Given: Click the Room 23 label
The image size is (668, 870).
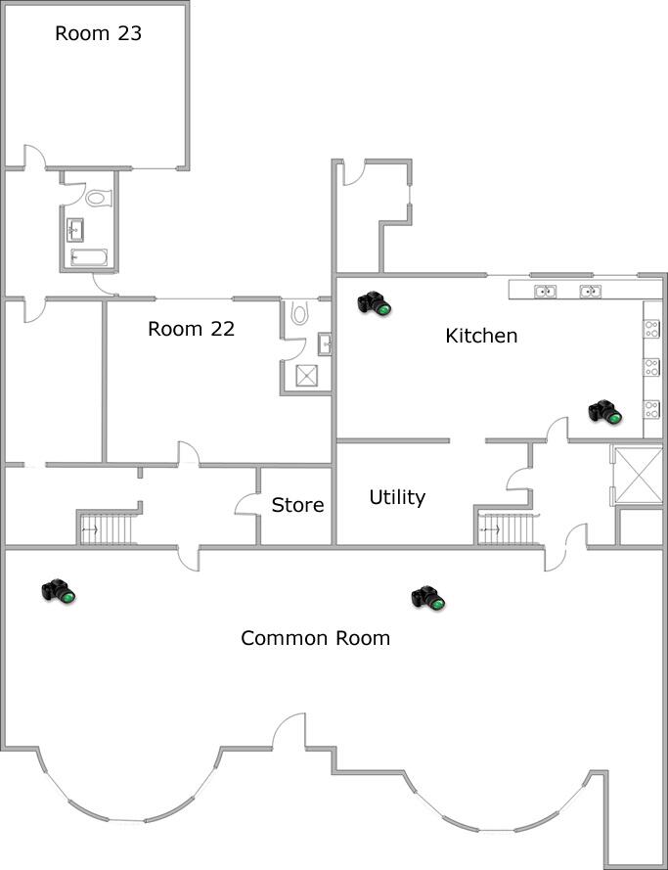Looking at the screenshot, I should coord(98,33).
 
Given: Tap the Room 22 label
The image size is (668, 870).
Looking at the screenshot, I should coord(191,329).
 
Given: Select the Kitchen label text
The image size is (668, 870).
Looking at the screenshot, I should coord(481,336).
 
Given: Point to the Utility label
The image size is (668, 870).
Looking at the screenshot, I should coord(397,497).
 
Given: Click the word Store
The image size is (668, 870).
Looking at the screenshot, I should coord(297,505).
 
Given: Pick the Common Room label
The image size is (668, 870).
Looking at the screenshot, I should coord(315,638).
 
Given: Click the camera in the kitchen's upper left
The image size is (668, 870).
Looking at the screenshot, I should coord(374,303).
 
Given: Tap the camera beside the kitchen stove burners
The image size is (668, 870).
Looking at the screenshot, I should coord(605,412).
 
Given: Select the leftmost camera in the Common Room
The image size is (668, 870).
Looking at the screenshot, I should coord(59,591).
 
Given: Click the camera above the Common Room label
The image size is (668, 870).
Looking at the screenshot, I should coord(428,597).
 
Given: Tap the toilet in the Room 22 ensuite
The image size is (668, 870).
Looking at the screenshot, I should coord(299,313).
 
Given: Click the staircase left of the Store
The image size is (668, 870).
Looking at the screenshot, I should coord(110,528).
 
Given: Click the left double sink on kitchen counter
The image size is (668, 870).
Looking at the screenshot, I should coord(545,291).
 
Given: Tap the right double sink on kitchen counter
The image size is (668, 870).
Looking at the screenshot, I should coord(590,291).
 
